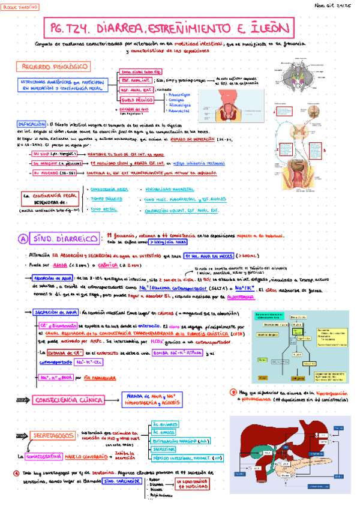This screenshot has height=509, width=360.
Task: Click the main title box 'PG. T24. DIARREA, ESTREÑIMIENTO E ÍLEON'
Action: tap(169, 28)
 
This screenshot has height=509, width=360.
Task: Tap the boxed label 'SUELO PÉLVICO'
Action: tap(137, 100)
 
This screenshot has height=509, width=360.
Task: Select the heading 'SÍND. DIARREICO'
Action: tap(66, 238)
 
